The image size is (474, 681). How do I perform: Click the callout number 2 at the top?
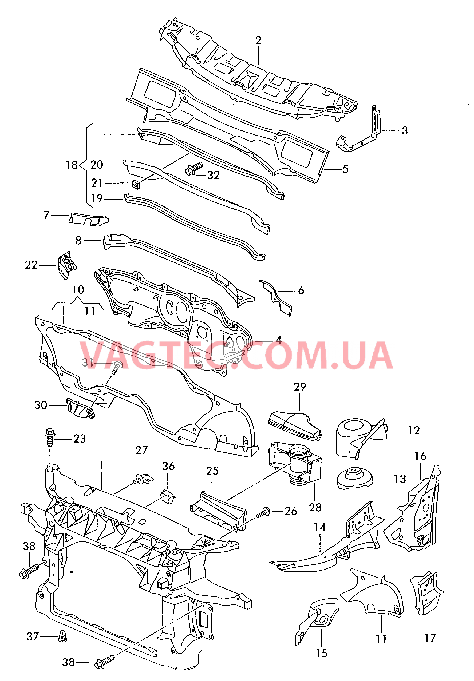pos(258,41)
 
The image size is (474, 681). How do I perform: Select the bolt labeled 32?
pos(194,168)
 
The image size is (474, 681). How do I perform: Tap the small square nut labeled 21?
pos(136,185)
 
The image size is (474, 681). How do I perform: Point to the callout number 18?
pos(72,165)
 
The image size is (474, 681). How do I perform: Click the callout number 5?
pos(345,169)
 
